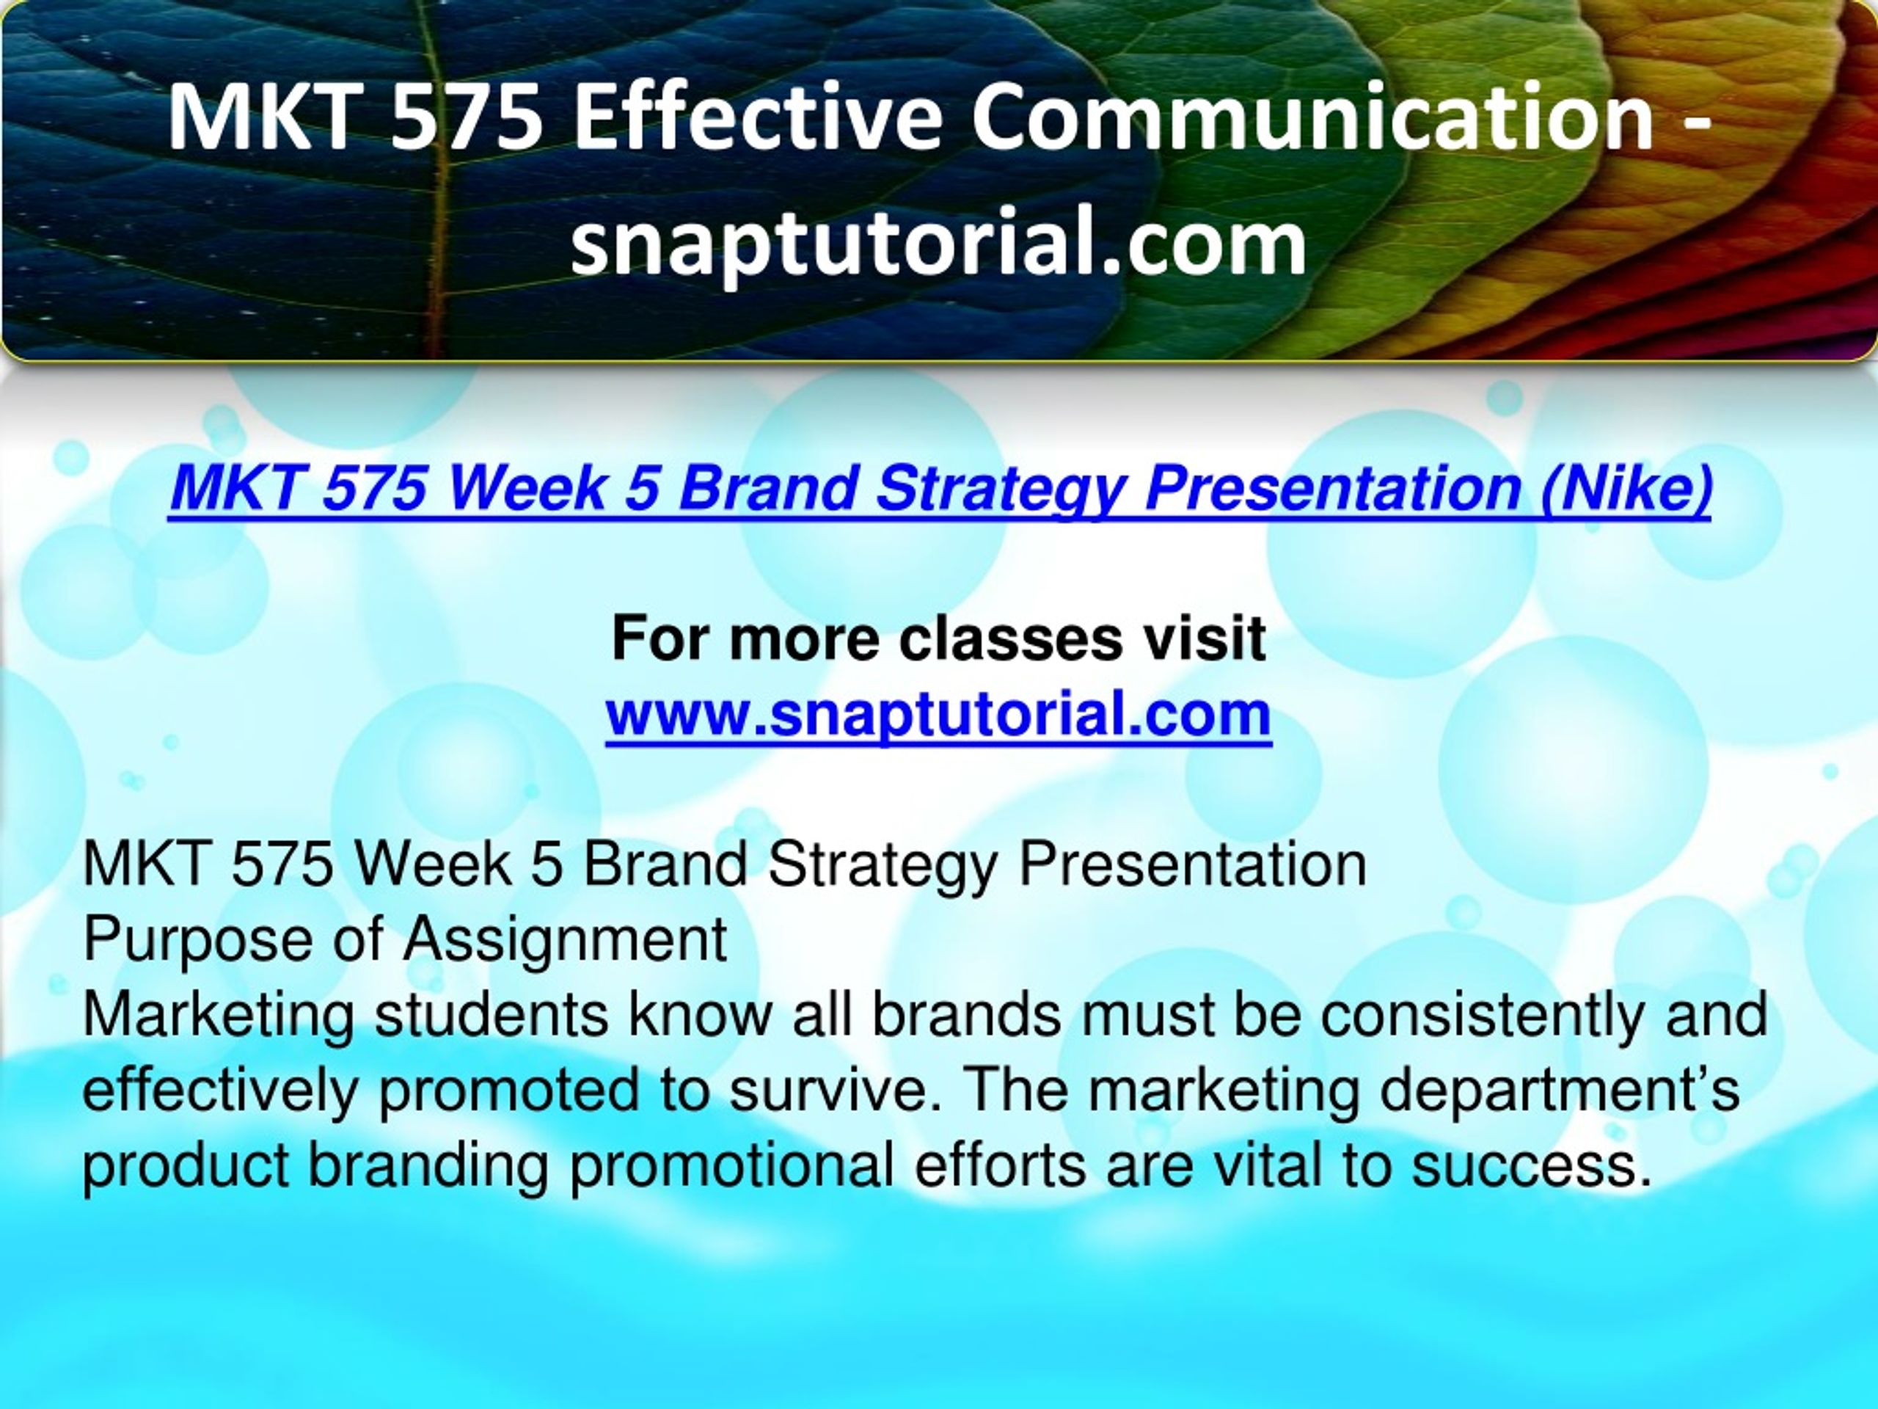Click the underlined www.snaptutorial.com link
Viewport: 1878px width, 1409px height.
(x=939, y=714)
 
